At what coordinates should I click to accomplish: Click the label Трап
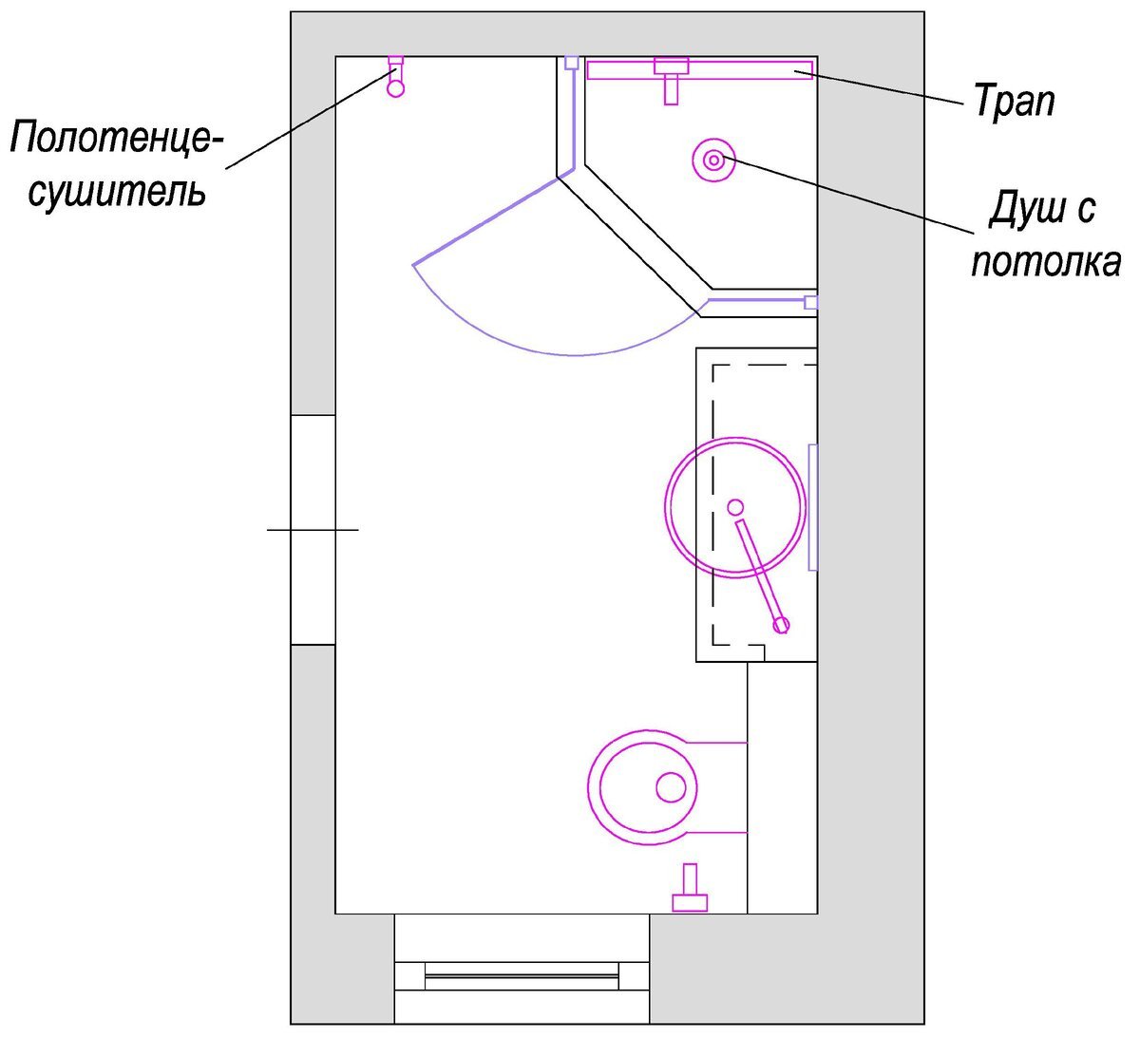coord(1014,100)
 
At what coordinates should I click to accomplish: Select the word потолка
coord(1045,261)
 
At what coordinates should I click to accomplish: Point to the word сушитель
coord(117,191)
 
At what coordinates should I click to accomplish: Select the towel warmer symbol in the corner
coord(396,78)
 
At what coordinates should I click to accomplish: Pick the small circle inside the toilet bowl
coord(671,787)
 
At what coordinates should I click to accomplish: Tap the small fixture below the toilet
coord(690,890)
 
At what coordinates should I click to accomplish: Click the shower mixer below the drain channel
coord(671,84)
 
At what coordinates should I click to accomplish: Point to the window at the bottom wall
coord(522,970)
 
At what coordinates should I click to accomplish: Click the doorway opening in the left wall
coord(313,529)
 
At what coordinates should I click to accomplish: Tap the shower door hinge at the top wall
coord(571,63)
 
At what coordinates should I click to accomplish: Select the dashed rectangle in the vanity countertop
coord(760,503)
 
